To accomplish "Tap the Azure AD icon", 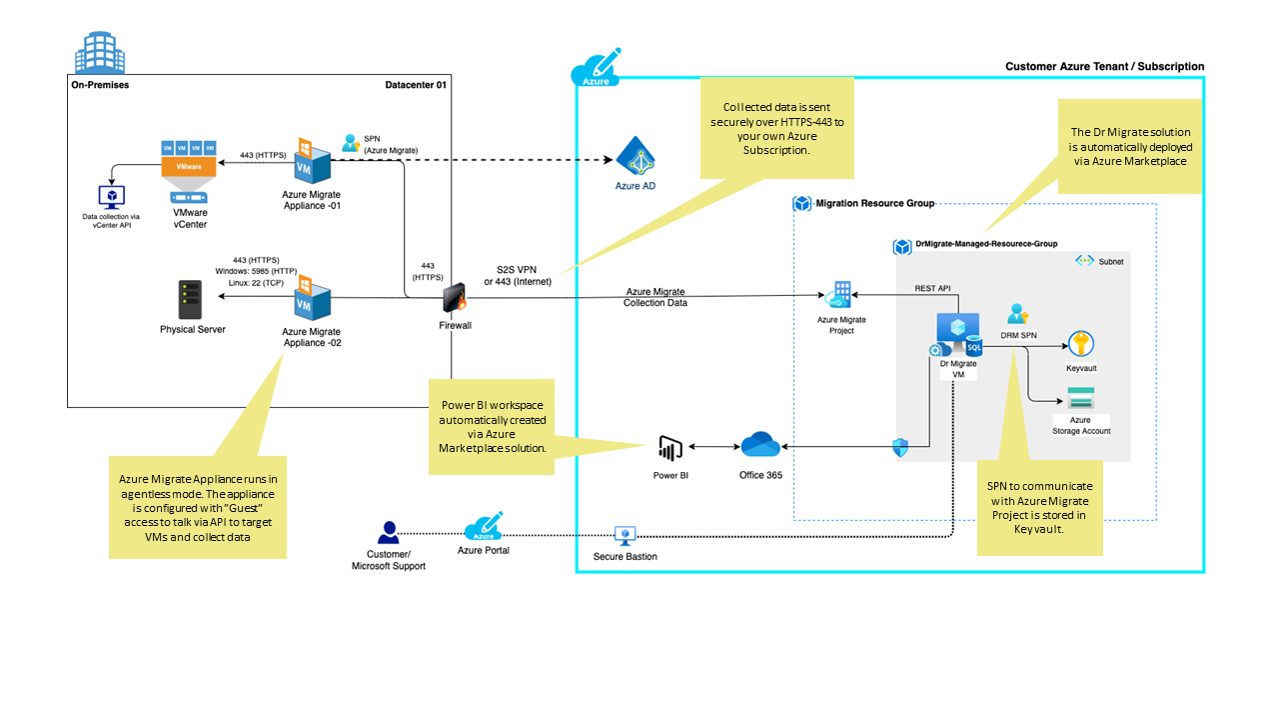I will pyautogui.click(x=635, y=158).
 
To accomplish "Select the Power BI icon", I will pyautogui.click(x=670, y=449).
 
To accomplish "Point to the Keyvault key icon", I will pyautogui.click(x=1081, y=345).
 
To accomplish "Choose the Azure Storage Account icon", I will pyautogui.click(x=1081, y=397).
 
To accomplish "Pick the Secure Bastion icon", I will pyautogui.click(x=626, y=535).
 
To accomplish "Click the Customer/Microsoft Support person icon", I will pyautogui.click(x=389, y=533).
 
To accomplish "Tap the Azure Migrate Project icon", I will pyautogui.click(x=839, y=296).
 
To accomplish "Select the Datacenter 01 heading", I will pyautogui.click(x=416, y=85).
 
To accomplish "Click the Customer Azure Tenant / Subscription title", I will pyautogui.click(x=1104, y=66).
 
